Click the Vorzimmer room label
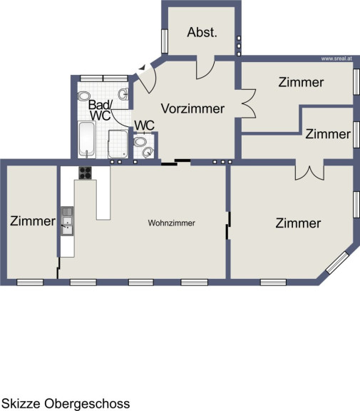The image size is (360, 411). (192, 108)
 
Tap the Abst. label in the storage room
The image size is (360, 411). (202, 32)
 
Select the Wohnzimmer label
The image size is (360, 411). (172, 223)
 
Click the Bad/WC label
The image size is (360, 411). (100, 111)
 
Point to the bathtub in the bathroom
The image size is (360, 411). (87, 140)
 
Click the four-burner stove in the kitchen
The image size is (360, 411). (85, 173)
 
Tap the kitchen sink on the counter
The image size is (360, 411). (67, 221)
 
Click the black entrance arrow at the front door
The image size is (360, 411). (142, 68)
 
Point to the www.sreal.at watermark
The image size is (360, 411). (336, 59)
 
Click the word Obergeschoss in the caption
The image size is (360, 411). (87, 404)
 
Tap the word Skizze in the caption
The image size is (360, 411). (21, 403)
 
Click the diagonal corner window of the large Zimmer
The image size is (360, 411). (337, 263)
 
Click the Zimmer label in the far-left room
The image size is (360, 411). (33, 221)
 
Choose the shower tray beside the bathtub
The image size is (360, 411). (118, 144)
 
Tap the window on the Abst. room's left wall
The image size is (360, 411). (165, 41)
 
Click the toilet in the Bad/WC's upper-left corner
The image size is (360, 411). (84, 96)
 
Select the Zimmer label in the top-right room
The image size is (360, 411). (301, 82)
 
